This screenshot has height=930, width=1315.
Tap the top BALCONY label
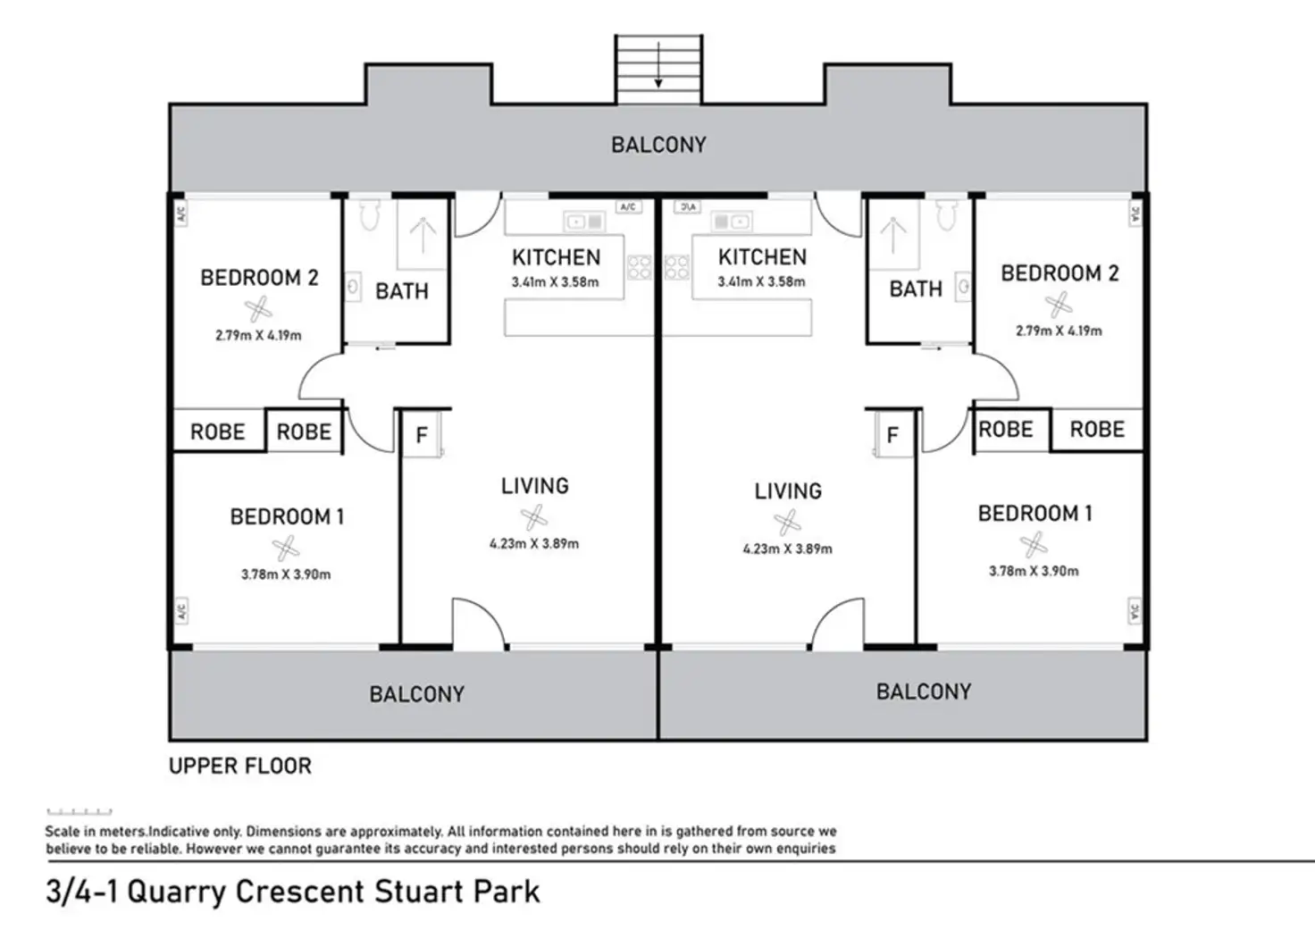(x=658, y=145)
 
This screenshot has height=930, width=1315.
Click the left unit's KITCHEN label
(x=556, y=258)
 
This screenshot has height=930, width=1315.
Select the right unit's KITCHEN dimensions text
(x=761, y=282)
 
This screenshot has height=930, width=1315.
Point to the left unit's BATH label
(x=402, y=291)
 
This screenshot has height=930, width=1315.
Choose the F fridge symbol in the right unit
(x=892, y=435)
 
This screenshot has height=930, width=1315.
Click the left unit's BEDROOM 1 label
(x=287, y=517)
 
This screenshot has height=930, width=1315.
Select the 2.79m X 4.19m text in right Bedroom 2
(x=1058, y=331)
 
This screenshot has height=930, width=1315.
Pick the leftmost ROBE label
(x=217, y=432)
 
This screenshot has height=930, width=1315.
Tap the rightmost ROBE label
(x=1097, y=430)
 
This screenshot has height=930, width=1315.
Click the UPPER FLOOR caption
(x=240, y=767)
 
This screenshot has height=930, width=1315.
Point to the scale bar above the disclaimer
(x=80, y=812)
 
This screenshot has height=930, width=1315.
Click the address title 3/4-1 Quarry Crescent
(x=293, y=892)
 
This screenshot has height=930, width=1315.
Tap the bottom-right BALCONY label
(x=923, y=691)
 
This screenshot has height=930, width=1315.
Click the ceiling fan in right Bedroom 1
(x=1033, y=543)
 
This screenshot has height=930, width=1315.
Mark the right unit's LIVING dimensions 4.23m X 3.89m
(x=787, y=549)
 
